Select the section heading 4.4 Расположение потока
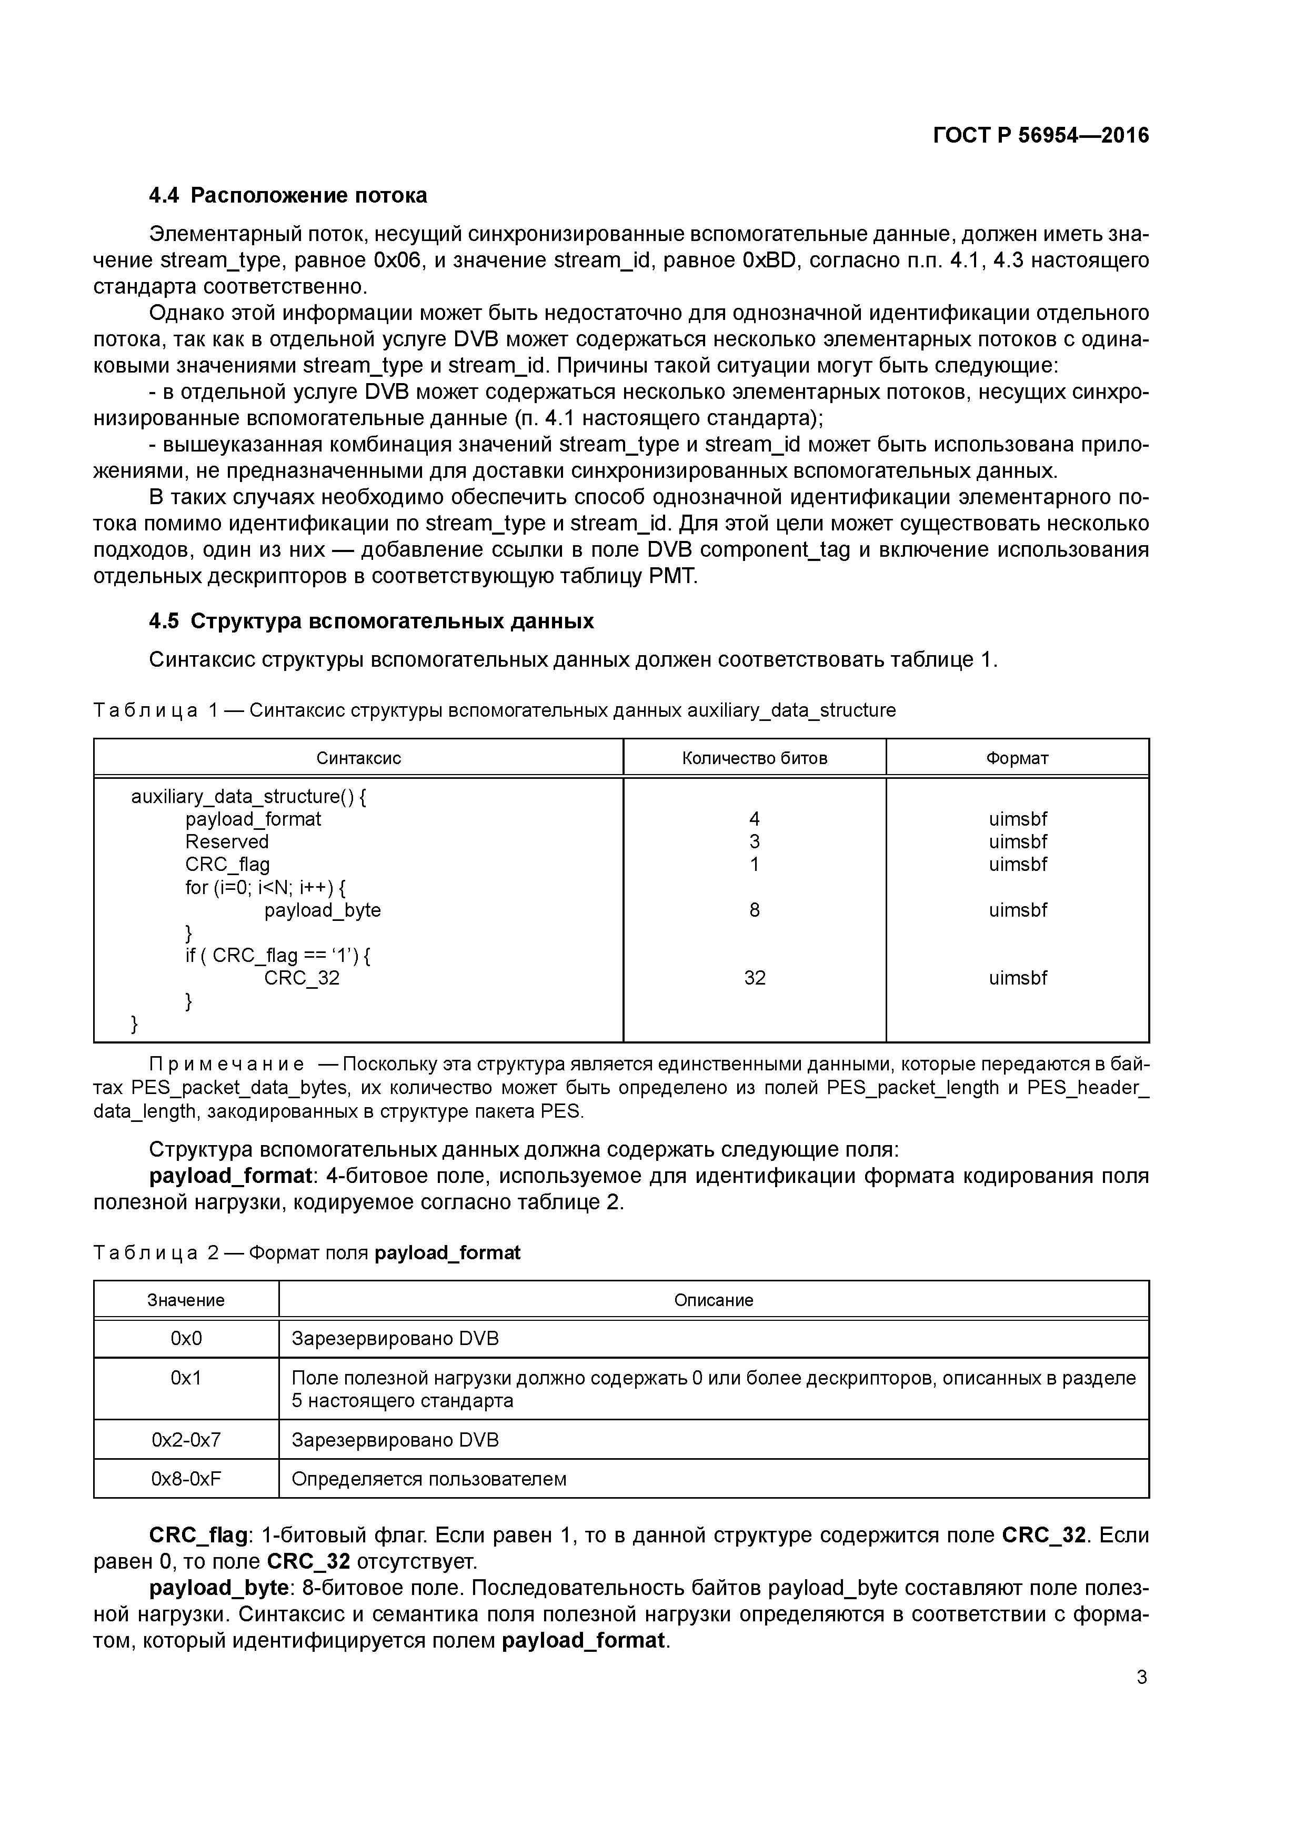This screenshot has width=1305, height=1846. point(288,195)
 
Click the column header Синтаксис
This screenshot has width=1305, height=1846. point(359,758)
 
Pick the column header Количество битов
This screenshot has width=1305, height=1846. point(754,758)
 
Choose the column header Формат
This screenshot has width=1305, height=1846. point(1017,758)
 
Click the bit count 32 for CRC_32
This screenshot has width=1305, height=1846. point(754,978)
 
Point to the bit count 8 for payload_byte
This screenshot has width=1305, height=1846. point(754,910)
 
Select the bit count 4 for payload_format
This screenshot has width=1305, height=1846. point(754,819)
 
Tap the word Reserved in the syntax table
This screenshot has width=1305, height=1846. point(227,842)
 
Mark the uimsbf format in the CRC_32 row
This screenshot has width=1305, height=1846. point(1018,978)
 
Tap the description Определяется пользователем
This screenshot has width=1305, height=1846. point(428,1479)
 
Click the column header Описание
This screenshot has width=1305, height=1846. point(713,1300)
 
